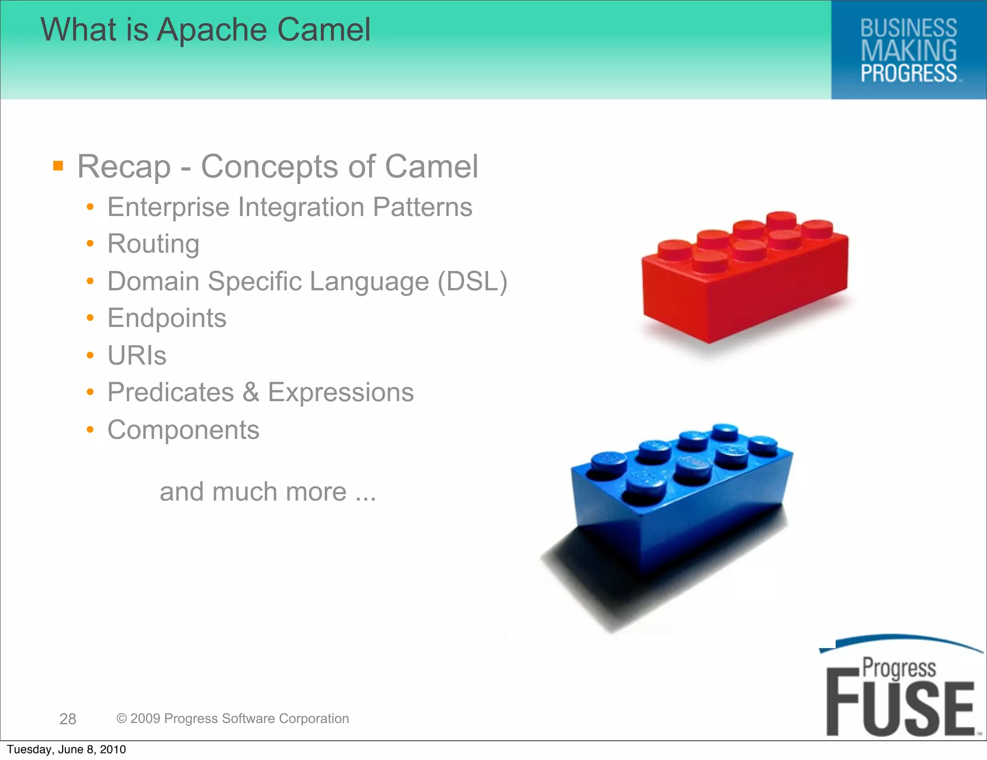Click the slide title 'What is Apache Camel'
pyautogui.click(x=206, y=30)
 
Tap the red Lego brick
pyautogui.click(x=745, y=280)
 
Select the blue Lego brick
pyautogui.click(x=680, y=502)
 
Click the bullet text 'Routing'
pyautogui.click(x=153, y=244)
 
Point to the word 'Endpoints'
pyautogui.click(x=167, y=318)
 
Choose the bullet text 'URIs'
pyautogui.click(x=137, y=356)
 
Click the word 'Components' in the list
pyautogui.click(x=183, y=430)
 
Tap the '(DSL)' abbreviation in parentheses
pyautogui.click(x=472, y=281)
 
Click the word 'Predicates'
pyautogui.click(x=171, y=393)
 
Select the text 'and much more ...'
pyautogui.click(x=267, y=492)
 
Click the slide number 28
pyautogui.click(x=67, y=719)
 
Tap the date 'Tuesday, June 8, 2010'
pyautogui.click(x=67, y=749)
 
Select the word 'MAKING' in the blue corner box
pyautogui.click(x=908, y=51)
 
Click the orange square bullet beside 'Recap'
pyautogui.click(x=58, y=166)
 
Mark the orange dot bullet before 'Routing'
pyautogui.click(x=90, y=244)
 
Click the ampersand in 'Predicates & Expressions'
pyautogui.click(x=251, y=393)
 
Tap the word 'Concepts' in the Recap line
pyautogui.click(x=269, y=167)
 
